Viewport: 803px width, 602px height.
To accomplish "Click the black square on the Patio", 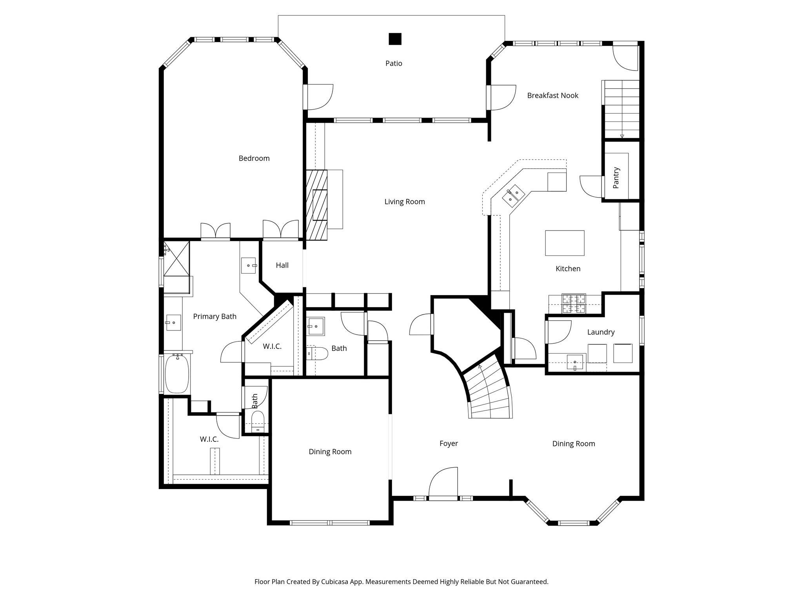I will pyautogui.click(x=395, y=39).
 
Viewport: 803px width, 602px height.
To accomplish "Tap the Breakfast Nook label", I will pyautogui.click(x=552, y=96).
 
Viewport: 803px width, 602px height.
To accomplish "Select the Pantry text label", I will pyautogui.click(x=616, y=178).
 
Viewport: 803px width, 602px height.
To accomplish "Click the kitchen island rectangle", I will pyautogui.click(x=565, y=243).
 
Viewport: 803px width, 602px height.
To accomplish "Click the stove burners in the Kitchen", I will pyautogui.click(x=574, y=304).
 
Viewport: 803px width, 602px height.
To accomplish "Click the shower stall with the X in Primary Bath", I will pyautogui.click(x=176, y=258).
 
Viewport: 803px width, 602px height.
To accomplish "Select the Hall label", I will pyautogui.click(x=282, y=265).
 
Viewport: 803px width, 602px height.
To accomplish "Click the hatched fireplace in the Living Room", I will pyautogui.click(x=316, y=205).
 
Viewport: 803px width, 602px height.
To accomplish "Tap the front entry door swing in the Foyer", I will pyautogui.click(x=444, y=483).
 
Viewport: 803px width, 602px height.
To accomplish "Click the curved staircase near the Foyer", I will pyautogui.click(x=488, y=392).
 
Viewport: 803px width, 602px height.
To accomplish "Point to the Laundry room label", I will pyautogui.click(x=601, y=332).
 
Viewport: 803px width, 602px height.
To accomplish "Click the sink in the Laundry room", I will pyautogui.click(x=574, y=362).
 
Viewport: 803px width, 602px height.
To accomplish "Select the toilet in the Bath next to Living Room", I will pyautogui.click(x=317, y=353).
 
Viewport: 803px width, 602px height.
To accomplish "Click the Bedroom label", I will pyautogui.click(x=254, y=158).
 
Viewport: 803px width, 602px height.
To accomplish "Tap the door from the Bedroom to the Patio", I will pyautogui.click(x=318, y=97).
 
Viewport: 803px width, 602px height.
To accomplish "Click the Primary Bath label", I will pyautogui.click(x=214, y=317).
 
